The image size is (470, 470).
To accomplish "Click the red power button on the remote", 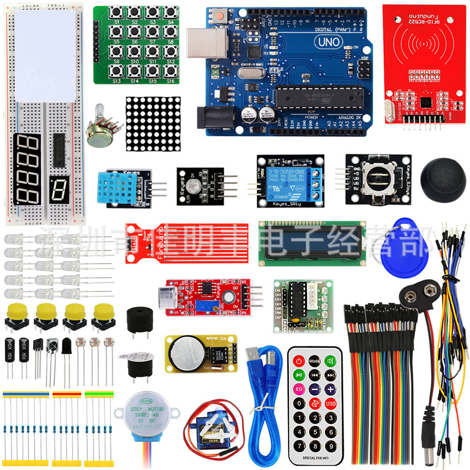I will pos(299,361).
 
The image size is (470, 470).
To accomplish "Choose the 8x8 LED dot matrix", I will pos(153,124).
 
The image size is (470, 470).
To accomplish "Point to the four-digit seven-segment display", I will pos(26,169).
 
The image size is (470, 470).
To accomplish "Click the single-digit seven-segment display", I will pos(58,191).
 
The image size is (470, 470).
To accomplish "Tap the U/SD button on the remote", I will pos(330,403).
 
